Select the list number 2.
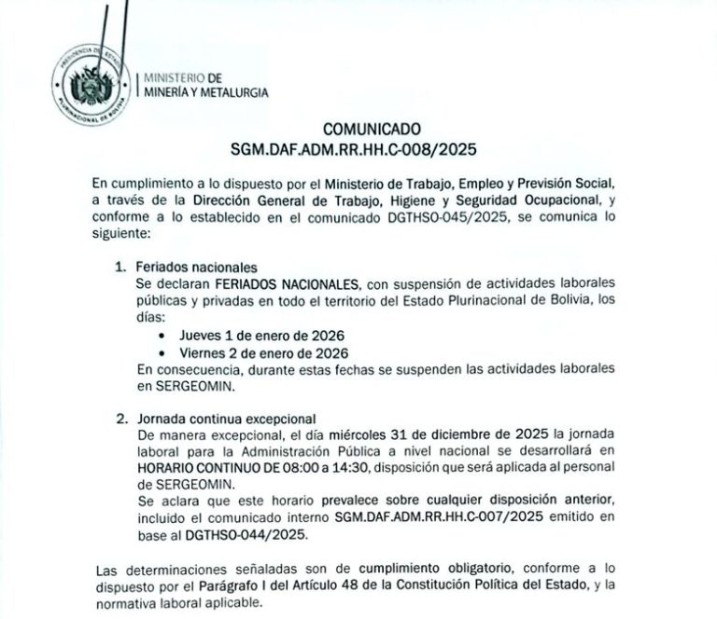(119, 417)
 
